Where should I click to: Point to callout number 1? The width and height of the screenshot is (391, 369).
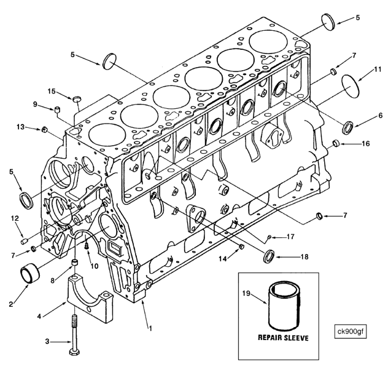(149, 327)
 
